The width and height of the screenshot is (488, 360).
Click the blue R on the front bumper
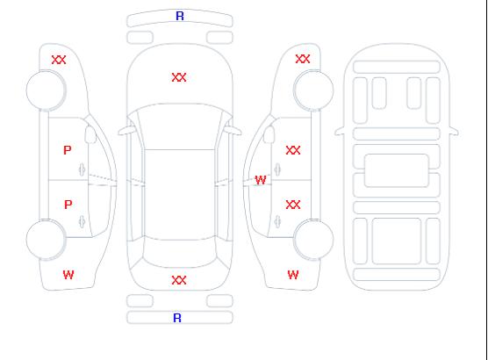click(x=180, y=16)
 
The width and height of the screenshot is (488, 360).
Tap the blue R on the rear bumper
click(x=177, y=318)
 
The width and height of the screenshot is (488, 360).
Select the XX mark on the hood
click(x=179, y=77)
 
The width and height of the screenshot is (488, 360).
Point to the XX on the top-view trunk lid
click(x=179, y=280)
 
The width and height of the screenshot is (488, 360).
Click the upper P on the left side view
click(x=68, y=150)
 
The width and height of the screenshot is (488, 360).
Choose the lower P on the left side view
click(x=68, y=205)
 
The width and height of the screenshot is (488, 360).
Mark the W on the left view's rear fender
click(x=68, y=275)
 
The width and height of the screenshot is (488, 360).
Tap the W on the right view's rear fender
click(x=293, y=275)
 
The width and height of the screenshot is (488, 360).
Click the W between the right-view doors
click(x=261, y=180)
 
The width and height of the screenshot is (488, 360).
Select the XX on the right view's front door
click(x=293, y=150)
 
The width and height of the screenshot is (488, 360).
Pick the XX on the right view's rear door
click(x=293, y=205)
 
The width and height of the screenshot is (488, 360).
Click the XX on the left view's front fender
click(x=59, y=60)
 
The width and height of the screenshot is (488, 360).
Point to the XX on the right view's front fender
click(x=303, y=59)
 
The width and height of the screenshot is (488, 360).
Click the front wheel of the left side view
click(x=46, y=90)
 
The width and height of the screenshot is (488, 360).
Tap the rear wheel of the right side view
click(x=313, y=240)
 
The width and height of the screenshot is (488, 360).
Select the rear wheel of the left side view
click(x=46, y=240)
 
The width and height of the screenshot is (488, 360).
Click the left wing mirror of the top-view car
click(x=126, y=131)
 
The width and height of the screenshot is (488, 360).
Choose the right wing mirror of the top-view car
click(x=233, y=131)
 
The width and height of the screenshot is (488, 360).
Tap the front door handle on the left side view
click(x=82, y=169)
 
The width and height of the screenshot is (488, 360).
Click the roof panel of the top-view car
click(x=180, y=195)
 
